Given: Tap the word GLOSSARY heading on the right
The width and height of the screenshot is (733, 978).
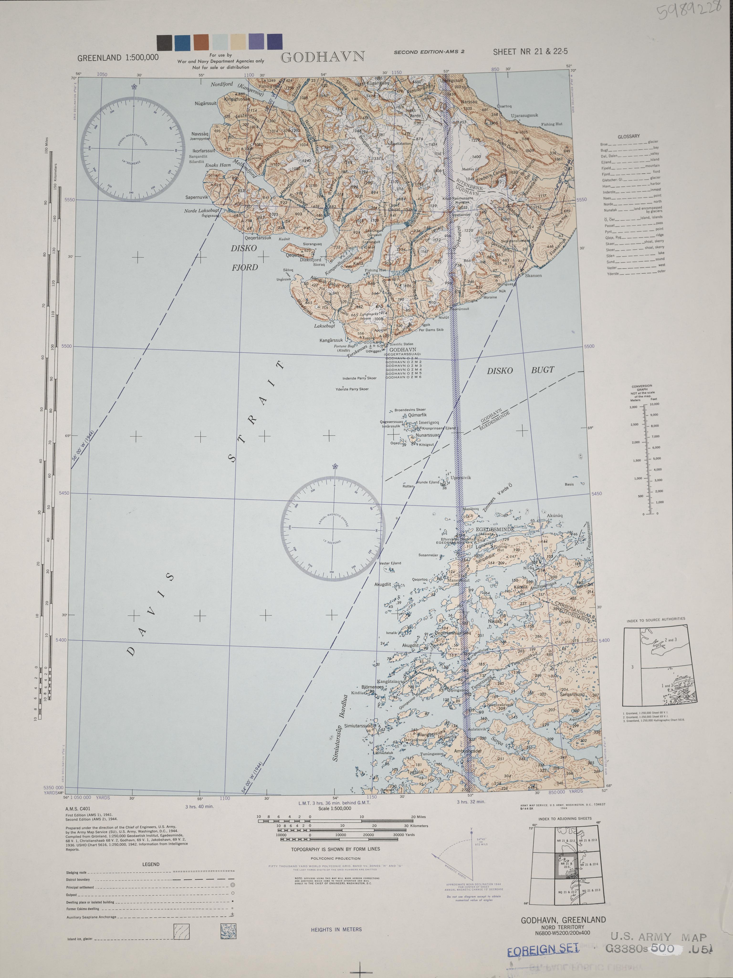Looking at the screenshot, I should (629, 137).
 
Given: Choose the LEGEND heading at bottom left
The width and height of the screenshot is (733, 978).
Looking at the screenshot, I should (151, 864).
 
